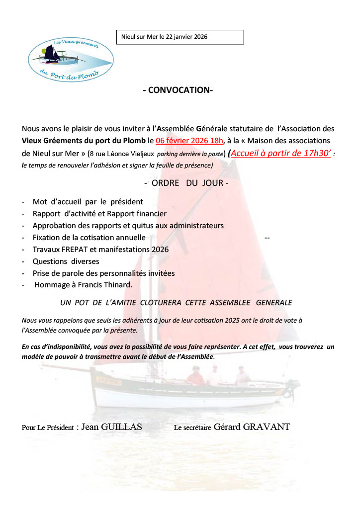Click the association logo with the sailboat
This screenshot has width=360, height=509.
click(70, 58)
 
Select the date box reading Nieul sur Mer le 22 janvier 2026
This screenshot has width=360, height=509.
click(180, 37)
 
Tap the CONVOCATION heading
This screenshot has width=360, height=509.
click(178, 90)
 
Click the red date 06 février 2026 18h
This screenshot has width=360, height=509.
click(189, 141)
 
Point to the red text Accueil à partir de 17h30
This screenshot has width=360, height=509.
click(281, 154)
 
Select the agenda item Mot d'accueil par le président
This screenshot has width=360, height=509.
click(88, 202)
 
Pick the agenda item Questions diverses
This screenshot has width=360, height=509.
click(66, 261)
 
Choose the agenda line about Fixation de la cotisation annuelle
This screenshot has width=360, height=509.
click(89, 238)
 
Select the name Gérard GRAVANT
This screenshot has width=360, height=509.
click(252, 427)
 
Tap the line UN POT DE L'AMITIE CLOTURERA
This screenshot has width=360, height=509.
click(176, 302)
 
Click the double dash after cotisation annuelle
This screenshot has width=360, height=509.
click(268, 238)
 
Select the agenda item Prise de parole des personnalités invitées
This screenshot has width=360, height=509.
click(103, 273)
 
